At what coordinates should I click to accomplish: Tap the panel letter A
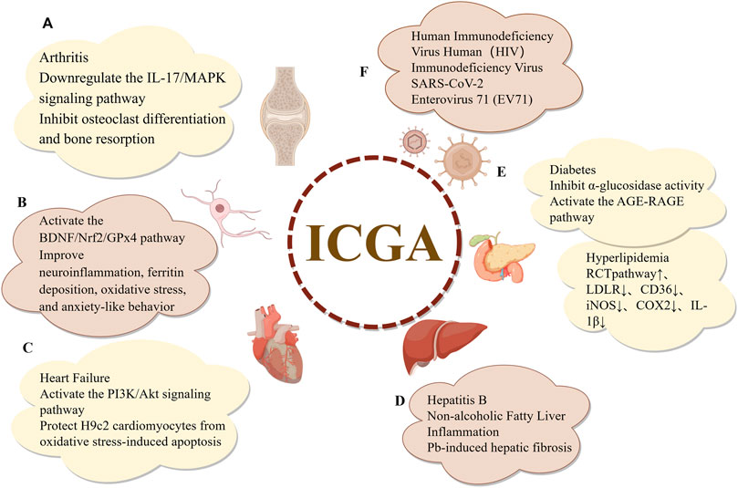[47, 26]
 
